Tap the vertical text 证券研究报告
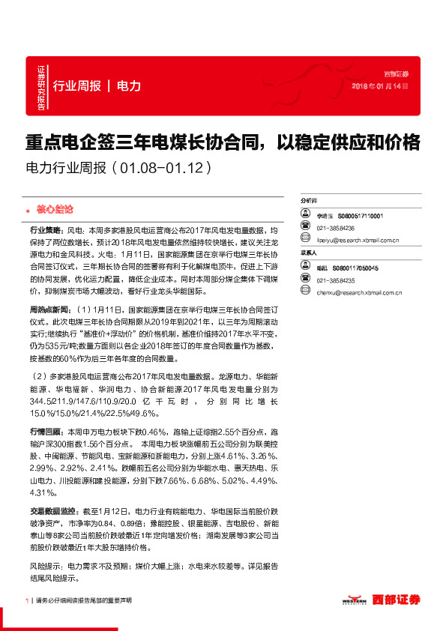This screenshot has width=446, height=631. [x=40, y=89]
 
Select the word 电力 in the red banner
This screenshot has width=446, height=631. [x=129, y=86]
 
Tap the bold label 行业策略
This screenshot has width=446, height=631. [x=45, y=232]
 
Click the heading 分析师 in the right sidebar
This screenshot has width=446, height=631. [x=309, y=202]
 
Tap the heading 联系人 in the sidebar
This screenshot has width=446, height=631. [x=309, y=253]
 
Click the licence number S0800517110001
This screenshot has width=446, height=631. [x=361, y=215]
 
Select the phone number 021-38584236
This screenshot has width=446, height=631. [x=335, y=228]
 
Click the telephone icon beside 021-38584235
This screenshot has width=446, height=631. [x=306, y=280]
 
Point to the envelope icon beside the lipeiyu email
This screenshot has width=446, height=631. [x=306, y=241]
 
